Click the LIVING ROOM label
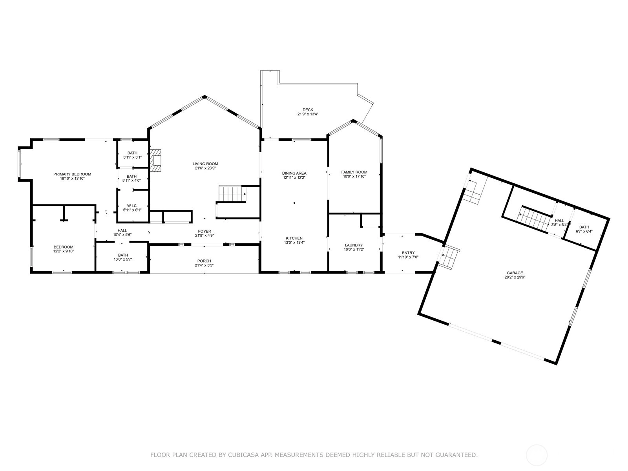point(205,164)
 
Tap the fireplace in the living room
point(156,160)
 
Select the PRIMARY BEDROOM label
point(72,174)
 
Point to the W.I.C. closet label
point(132,206)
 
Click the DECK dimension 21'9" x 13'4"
point(308,114)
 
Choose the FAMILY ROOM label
point(354,172)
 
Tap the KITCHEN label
point(294,238)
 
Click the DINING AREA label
point(294,173)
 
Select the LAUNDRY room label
point(354,245)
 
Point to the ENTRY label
point(408,253)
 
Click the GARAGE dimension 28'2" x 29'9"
point(515,277)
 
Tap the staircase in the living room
point(232,194)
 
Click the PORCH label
point(204,261)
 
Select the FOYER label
point(204,231)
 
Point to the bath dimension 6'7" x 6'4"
point(584,231)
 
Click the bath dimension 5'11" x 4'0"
point(131,181)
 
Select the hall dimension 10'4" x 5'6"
point(122,235)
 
